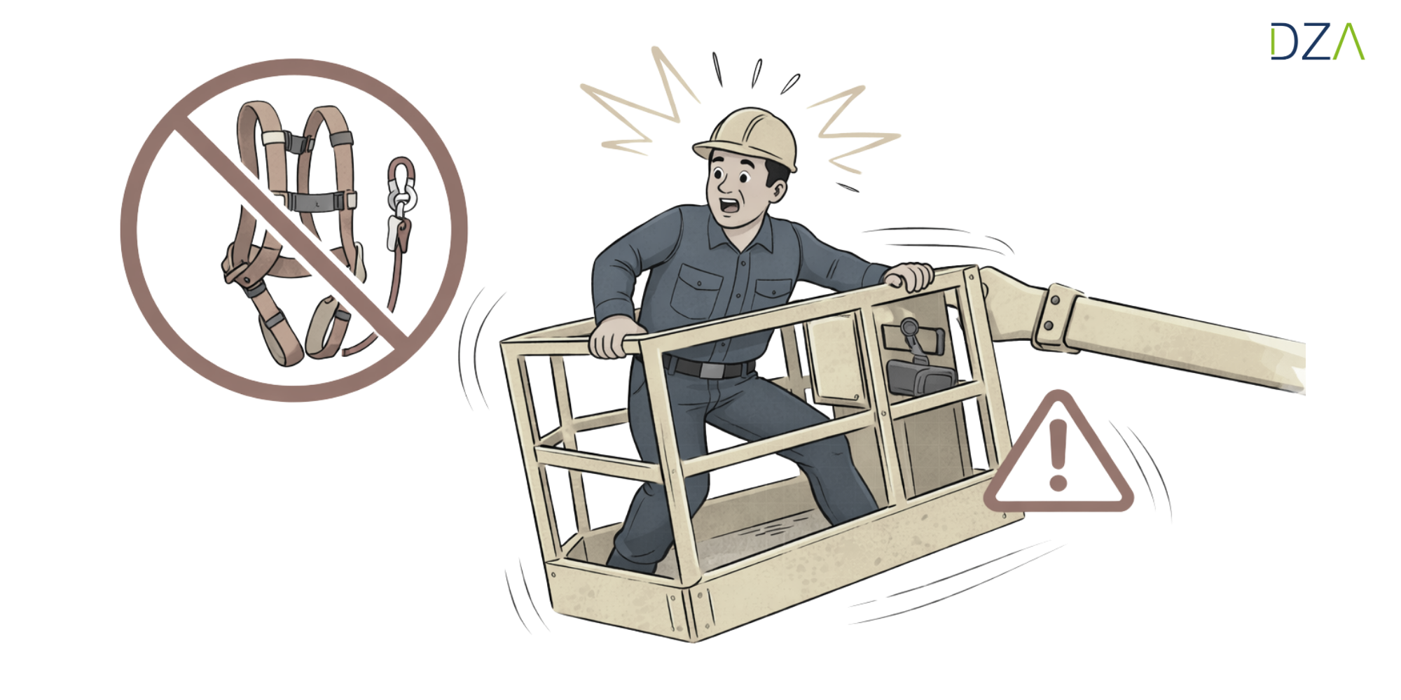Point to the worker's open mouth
(729, 206)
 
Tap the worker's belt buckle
(712, 370)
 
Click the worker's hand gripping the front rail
(614, 337)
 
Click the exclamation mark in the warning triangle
(1058, 455)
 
